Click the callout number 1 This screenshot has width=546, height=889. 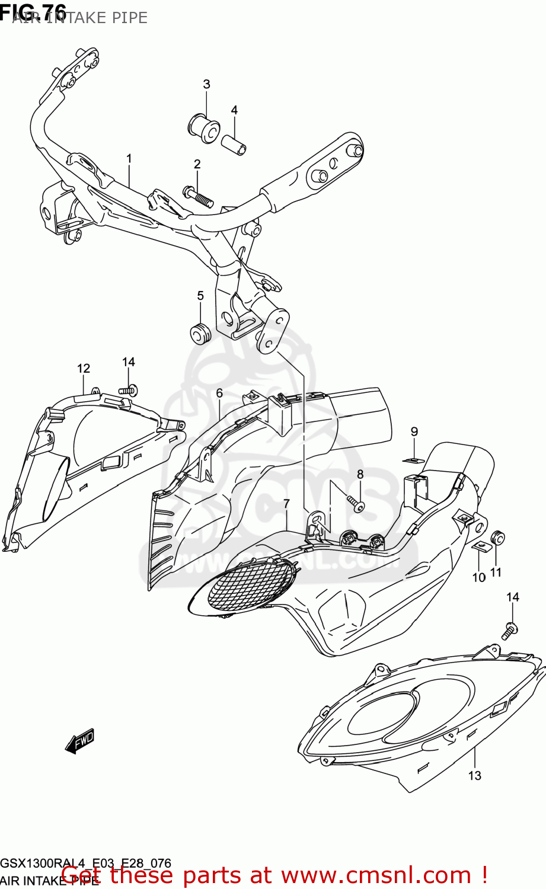pos(129,159)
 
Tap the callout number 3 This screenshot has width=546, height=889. pos(206,84)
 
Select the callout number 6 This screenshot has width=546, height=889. pos(219,393)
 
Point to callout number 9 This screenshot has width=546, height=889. pos(414,432)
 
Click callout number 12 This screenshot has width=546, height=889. pos(84,369)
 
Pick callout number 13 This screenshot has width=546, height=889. pos(474,775)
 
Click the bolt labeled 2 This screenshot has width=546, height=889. pos(199,196)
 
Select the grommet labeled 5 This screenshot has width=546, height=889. pos(200,334)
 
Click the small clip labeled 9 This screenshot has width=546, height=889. pos(414,460)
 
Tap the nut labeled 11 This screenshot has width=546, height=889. pos(498,539)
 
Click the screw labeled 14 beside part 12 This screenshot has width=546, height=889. pos(128,390)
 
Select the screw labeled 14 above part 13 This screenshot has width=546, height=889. pos(509,631)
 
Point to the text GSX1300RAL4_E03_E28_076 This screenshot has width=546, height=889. pos(86,863)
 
